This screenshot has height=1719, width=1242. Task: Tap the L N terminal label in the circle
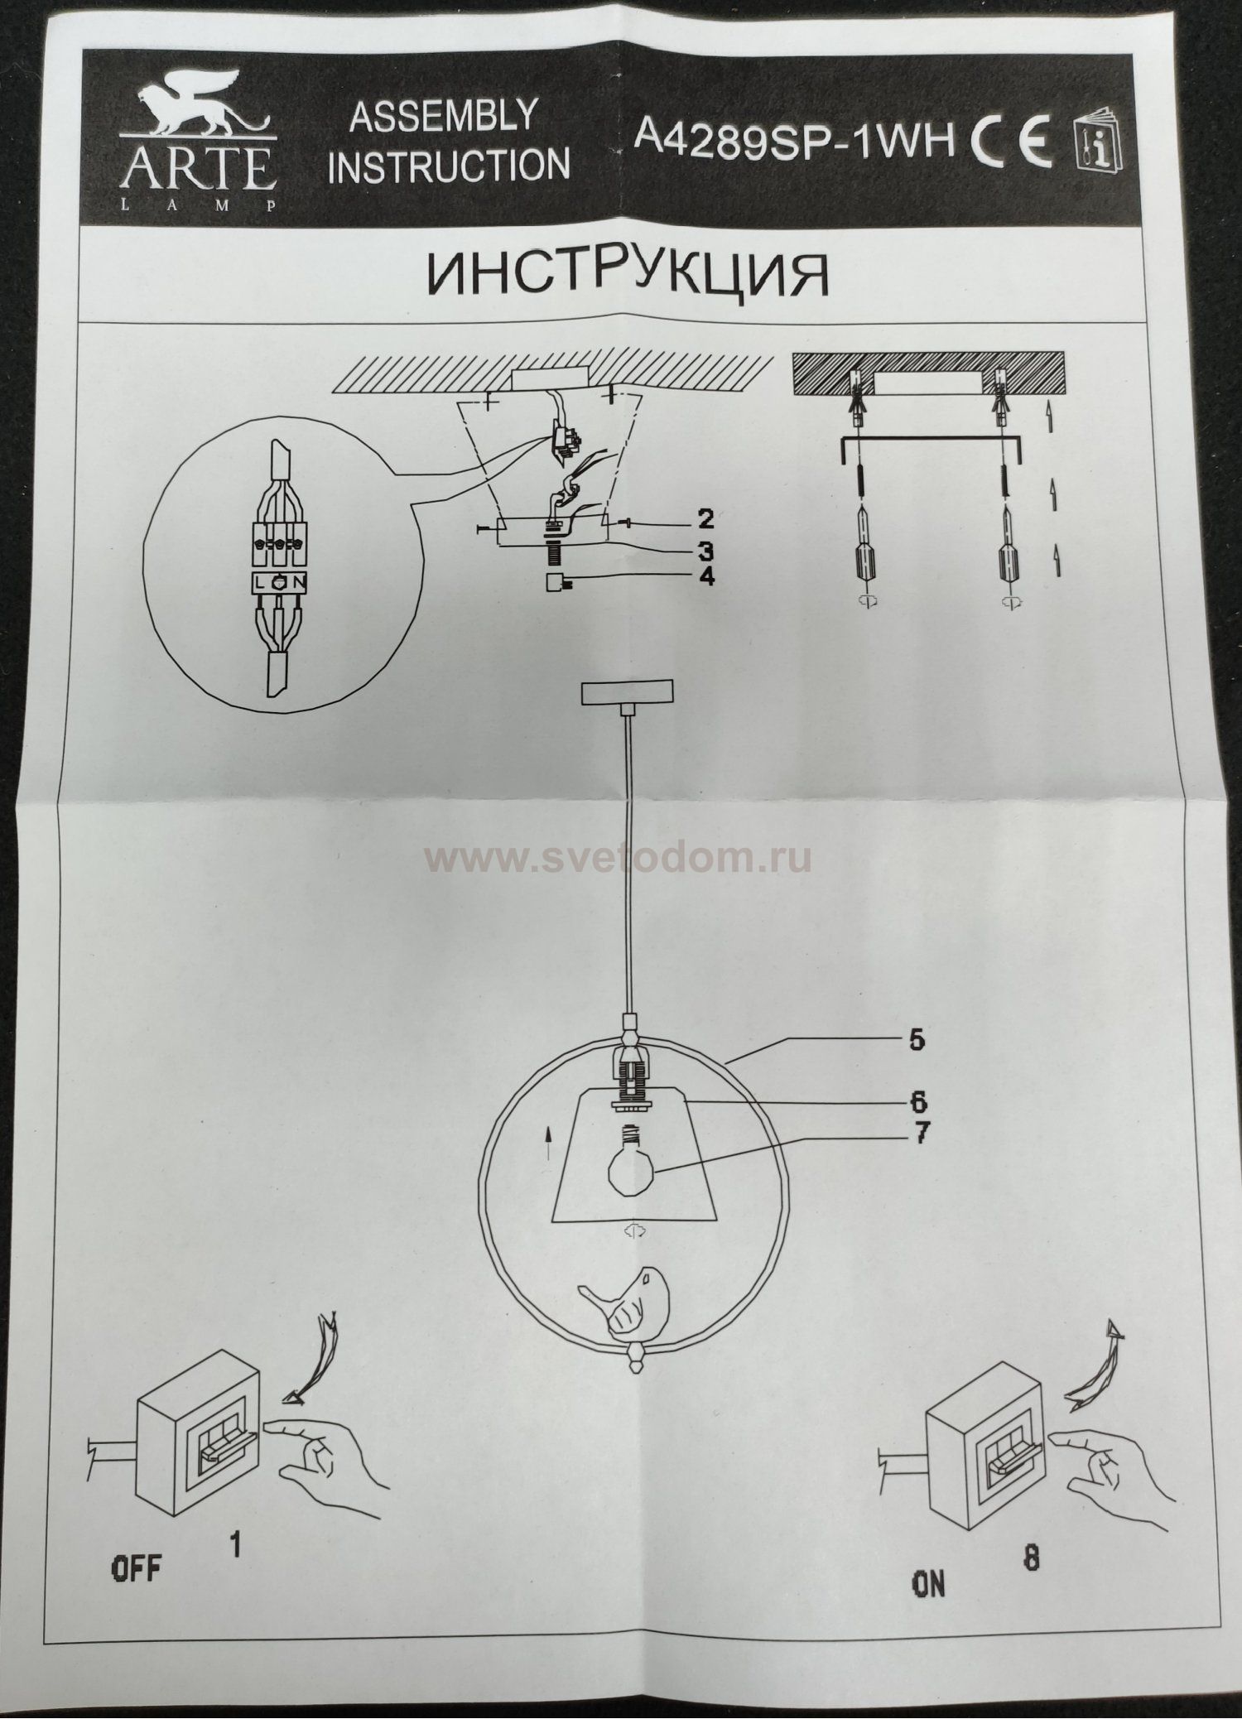[279, 583]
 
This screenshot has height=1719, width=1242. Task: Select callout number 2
[705, 519]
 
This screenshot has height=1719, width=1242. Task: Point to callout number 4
[705, 577]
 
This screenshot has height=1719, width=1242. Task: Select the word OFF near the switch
[137, 1567]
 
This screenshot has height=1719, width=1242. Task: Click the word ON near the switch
[928, 1585]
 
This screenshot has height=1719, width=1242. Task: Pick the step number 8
[1030, 1558]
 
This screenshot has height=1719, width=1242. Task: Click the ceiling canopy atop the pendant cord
[627, 694]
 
